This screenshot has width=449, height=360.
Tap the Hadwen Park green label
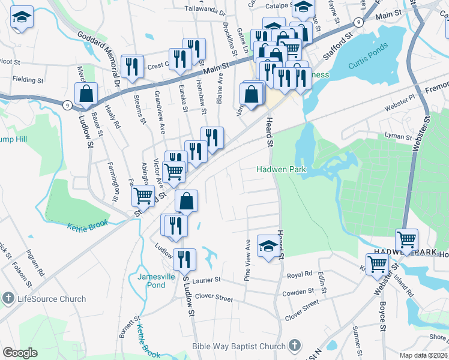282,170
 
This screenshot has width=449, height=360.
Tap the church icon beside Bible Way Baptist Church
294,346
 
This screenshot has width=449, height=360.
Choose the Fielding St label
28,80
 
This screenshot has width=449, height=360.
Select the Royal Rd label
300,274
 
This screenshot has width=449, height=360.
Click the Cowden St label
298,292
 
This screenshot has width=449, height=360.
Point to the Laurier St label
206,280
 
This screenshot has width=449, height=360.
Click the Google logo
20,352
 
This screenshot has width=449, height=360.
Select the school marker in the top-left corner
22,19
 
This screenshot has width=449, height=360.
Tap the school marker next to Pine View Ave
268,245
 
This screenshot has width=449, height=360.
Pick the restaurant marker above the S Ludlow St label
184,259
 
